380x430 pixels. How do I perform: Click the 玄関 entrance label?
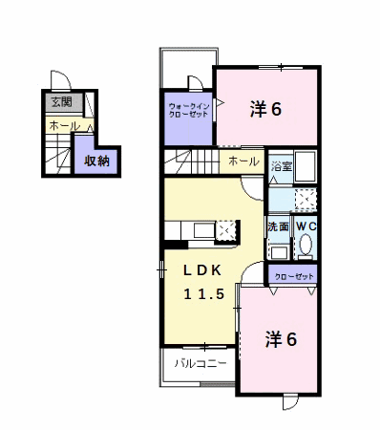tap(62, 102)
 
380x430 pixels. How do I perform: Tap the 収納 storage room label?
tap(96, 161)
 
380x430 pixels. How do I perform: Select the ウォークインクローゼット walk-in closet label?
tap(189, 110)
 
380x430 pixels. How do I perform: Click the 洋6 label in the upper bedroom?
tap(266, 109)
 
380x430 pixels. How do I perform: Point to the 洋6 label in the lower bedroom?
tap(282, 339)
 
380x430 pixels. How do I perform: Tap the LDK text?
tap(202, 270)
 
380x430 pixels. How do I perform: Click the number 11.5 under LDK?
tap(204, 294)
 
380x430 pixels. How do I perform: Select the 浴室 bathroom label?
tap(282, 166)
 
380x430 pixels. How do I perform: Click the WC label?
tap(306, 226)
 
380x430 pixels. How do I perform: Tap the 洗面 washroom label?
tap(278, 226)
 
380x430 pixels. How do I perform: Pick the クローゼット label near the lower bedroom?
tap(294, 277)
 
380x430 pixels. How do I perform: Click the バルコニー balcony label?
tap(201, 363)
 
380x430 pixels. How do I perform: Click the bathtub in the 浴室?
tap(306, 167)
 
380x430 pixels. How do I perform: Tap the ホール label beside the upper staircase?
tap(243, 161)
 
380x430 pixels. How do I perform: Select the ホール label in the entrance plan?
tap(65, 125)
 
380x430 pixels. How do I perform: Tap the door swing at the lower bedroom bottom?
tap(290, 402)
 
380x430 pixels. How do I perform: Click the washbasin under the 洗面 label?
tap(280, 252)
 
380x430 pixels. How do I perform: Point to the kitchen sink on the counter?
tap(203, 230)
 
